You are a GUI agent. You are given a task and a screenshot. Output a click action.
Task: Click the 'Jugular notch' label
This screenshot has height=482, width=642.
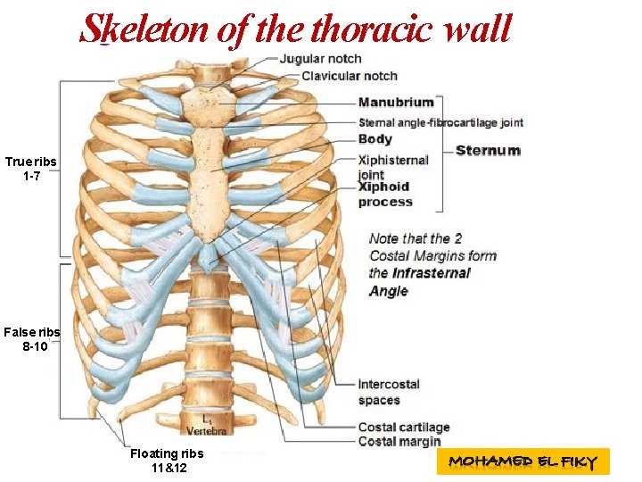pos(321,59)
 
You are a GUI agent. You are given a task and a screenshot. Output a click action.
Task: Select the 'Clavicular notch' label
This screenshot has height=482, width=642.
pos(350,76)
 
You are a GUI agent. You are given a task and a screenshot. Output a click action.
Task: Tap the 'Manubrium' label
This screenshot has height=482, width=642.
pos(396,103)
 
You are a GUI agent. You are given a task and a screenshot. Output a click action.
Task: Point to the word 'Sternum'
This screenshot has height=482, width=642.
pos(488,150)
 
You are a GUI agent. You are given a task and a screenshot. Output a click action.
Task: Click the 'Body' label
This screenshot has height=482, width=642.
pos(375,138)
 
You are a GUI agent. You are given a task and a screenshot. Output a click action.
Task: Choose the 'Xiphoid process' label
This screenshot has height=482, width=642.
pos(385,194)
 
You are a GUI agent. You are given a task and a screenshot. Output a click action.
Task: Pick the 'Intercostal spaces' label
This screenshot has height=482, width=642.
pos(389,392)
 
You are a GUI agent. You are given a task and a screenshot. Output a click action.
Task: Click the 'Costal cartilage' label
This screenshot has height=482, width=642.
pos(404,427)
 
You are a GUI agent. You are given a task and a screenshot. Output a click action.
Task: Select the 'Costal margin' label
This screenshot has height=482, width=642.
pos(399,441)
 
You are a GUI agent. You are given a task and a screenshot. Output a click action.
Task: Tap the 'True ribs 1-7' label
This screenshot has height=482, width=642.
pos(30,168)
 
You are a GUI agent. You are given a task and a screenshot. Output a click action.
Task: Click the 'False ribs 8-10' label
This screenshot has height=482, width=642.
pos(31,339)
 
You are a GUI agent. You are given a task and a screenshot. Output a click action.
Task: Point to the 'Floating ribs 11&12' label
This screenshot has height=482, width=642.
pos(167,461)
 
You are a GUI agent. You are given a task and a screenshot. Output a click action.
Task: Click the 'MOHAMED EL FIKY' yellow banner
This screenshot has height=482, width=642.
pos(523,461)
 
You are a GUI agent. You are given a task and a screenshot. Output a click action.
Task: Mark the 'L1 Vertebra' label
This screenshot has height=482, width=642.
pos(206,426)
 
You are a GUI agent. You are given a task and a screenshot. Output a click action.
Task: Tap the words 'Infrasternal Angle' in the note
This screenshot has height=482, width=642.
pos(419,282)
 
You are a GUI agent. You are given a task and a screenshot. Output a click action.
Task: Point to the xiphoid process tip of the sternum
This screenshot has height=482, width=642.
pos(209,263)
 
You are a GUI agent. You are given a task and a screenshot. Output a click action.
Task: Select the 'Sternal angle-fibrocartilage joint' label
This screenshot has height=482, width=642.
pos(440,122)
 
